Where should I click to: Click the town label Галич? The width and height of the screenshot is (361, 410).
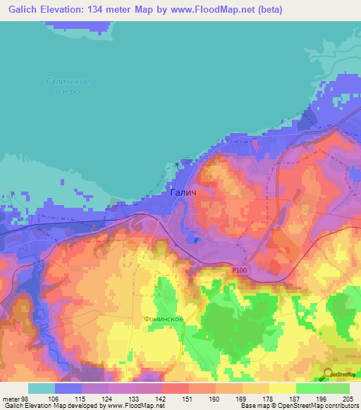[x=183, y=192]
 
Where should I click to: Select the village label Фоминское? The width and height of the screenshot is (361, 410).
[x=165, y=319]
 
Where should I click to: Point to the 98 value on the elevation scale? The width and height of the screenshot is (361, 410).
[x=25, y=398]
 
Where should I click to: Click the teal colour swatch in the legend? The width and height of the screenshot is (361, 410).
[x=42, y=388]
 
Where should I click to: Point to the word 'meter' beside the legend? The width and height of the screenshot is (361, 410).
[x=10, y=398]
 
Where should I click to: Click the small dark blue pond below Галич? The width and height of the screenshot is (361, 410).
[x=197, y=240]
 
